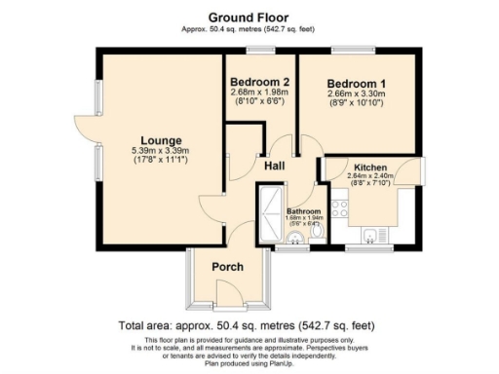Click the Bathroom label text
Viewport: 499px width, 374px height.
tap(303, 211)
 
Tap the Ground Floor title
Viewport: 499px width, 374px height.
tap(249, 17)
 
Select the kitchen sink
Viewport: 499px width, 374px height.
tap(371, 234)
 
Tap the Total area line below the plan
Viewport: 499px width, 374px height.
tap(248, 324)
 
